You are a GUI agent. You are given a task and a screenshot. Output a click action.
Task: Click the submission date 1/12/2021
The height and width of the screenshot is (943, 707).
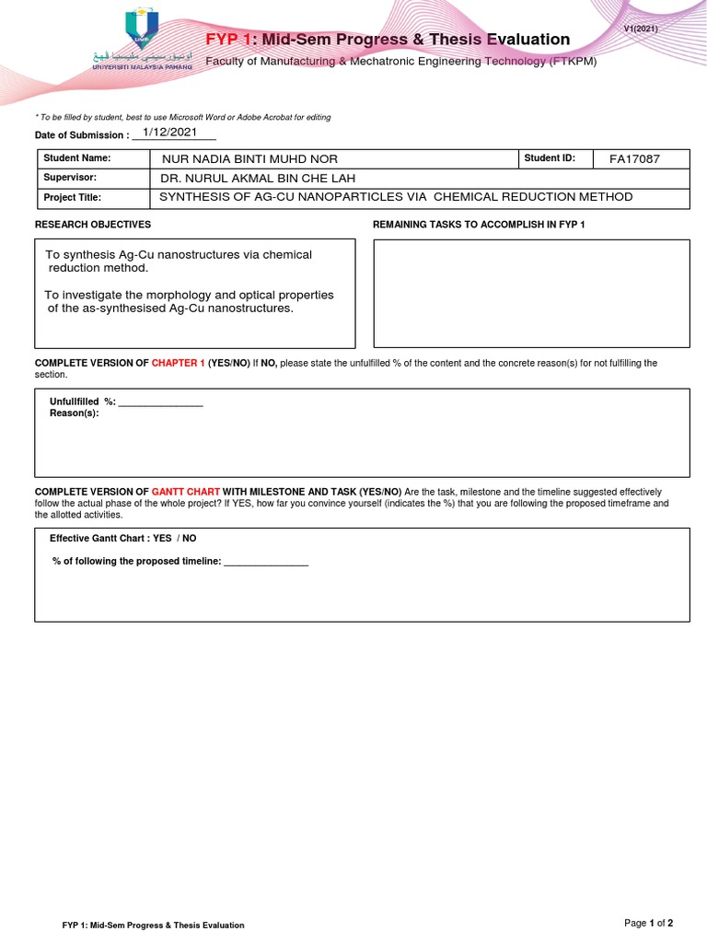170,133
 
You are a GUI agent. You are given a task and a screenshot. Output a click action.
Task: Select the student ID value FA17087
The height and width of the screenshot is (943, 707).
634,159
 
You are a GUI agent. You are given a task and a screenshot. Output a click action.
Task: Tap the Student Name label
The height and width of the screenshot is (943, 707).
77,158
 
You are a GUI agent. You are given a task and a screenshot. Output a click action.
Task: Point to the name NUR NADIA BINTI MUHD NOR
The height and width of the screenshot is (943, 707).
249,159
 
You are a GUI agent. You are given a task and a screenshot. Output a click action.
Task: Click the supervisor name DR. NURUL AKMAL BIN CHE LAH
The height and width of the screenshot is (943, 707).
258,179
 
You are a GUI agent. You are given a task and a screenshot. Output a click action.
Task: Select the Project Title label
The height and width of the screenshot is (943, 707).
73,198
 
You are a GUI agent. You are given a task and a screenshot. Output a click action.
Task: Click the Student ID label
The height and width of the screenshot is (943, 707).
550,158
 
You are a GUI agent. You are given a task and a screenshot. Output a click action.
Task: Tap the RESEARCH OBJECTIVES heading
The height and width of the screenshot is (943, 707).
93,225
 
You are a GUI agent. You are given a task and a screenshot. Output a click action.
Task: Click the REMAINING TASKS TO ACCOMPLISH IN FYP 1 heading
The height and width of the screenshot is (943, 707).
479,225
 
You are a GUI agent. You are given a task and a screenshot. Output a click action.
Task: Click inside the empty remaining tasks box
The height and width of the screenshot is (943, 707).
531,293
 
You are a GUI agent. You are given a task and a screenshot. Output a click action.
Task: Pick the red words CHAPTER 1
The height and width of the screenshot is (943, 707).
179,363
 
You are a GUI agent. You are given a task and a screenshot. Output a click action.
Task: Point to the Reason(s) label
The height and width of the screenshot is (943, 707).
74,413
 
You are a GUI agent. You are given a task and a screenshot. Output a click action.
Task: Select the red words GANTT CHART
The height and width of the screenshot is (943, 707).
186,493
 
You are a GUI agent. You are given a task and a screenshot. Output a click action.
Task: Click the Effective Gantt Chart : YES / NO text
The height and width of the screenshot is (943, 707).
122,539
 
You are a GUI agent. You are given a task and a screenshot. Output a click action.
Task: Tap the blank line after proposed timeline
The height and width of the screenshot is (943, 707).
266,561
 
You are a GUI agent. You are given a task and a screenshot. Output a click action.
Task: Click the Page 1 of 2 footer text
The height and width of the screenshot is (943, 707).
648,923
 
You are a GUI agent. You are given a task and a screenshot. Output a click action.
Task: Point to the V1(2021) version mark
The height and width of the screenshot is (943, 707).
641,29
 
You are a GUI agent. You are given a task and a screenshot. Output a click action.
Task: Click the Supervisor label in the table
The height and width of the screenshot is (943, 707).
70,178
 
